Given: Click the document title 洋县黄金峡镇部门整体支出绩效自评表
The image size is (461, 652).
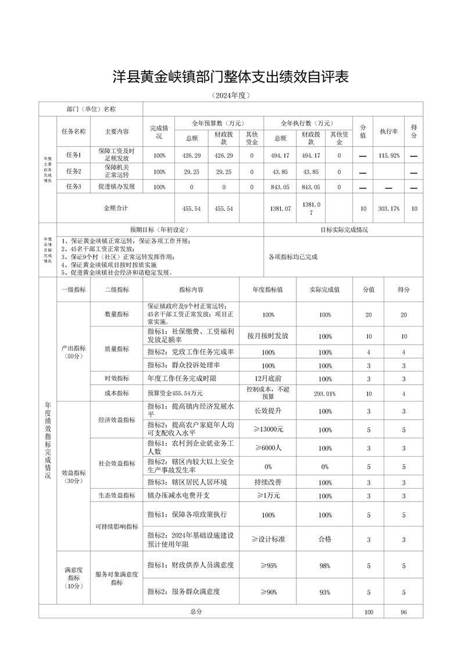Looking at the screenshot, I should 230,77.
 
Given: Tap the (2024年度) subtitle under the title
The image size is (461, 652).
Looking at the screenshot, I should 230,95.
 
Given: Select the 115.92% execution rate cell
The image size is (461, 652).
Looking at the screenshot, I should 388,156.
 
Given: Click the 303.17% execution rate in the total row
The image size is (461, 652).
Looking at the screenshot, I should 388,209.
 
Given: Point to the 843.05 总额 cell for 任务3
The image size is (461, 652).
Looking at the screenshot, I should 280,187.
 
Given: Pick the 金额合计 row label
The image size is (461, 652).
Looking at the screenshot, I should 116,207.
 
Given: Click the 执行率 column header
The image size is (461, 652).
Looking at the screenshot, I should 388,131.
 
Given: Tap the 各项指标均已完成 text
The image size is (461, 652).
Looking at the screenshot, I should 293,256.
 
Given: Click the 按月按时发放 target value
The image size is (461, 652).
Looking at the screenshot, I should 268,336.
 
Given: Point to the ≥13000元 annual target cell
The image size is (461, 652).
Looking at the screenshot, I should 268,429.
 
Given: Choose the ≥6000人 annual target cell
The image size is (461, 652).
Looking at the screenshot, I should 268,448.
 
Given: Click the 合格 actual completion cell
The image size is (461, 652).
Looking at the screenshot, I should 325,539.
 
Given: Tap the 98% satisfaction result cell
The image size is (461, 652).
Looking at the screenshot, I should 325,565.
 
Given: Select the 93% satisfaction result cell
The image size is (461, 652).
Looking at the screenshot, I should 325,592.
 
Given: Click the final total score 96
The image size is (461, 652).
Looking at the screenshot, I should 403,612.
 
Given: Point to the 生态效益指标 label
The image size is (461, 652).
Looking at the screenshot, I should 116,496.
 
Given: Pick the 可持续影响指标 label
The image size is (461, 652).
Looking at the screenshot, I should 116,526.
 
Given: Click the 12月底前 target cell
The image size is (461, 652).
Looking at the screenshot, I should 268,379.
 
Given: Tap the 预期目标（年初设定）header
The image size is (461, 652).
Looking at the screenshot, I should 160,230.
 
